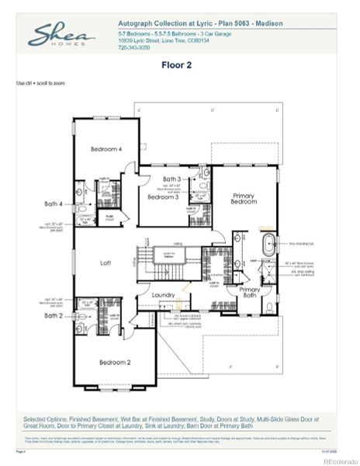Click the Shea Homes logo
click(x=62, y=35)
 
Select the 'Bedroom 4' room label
click(x=106, y=149)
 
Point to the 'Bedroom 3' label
click(x=164, y=197)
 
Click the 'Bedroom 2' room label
click(x=114, y=362)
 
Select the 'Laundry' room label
click(x=164, y=295)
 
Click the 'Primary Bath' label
click(x=250, y=292)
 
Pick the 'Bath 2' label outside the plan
click(x=53, y=316)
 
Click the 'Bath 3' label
click(x=171, y=179)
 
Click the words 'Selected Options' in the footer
click(x=45, y=420)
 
